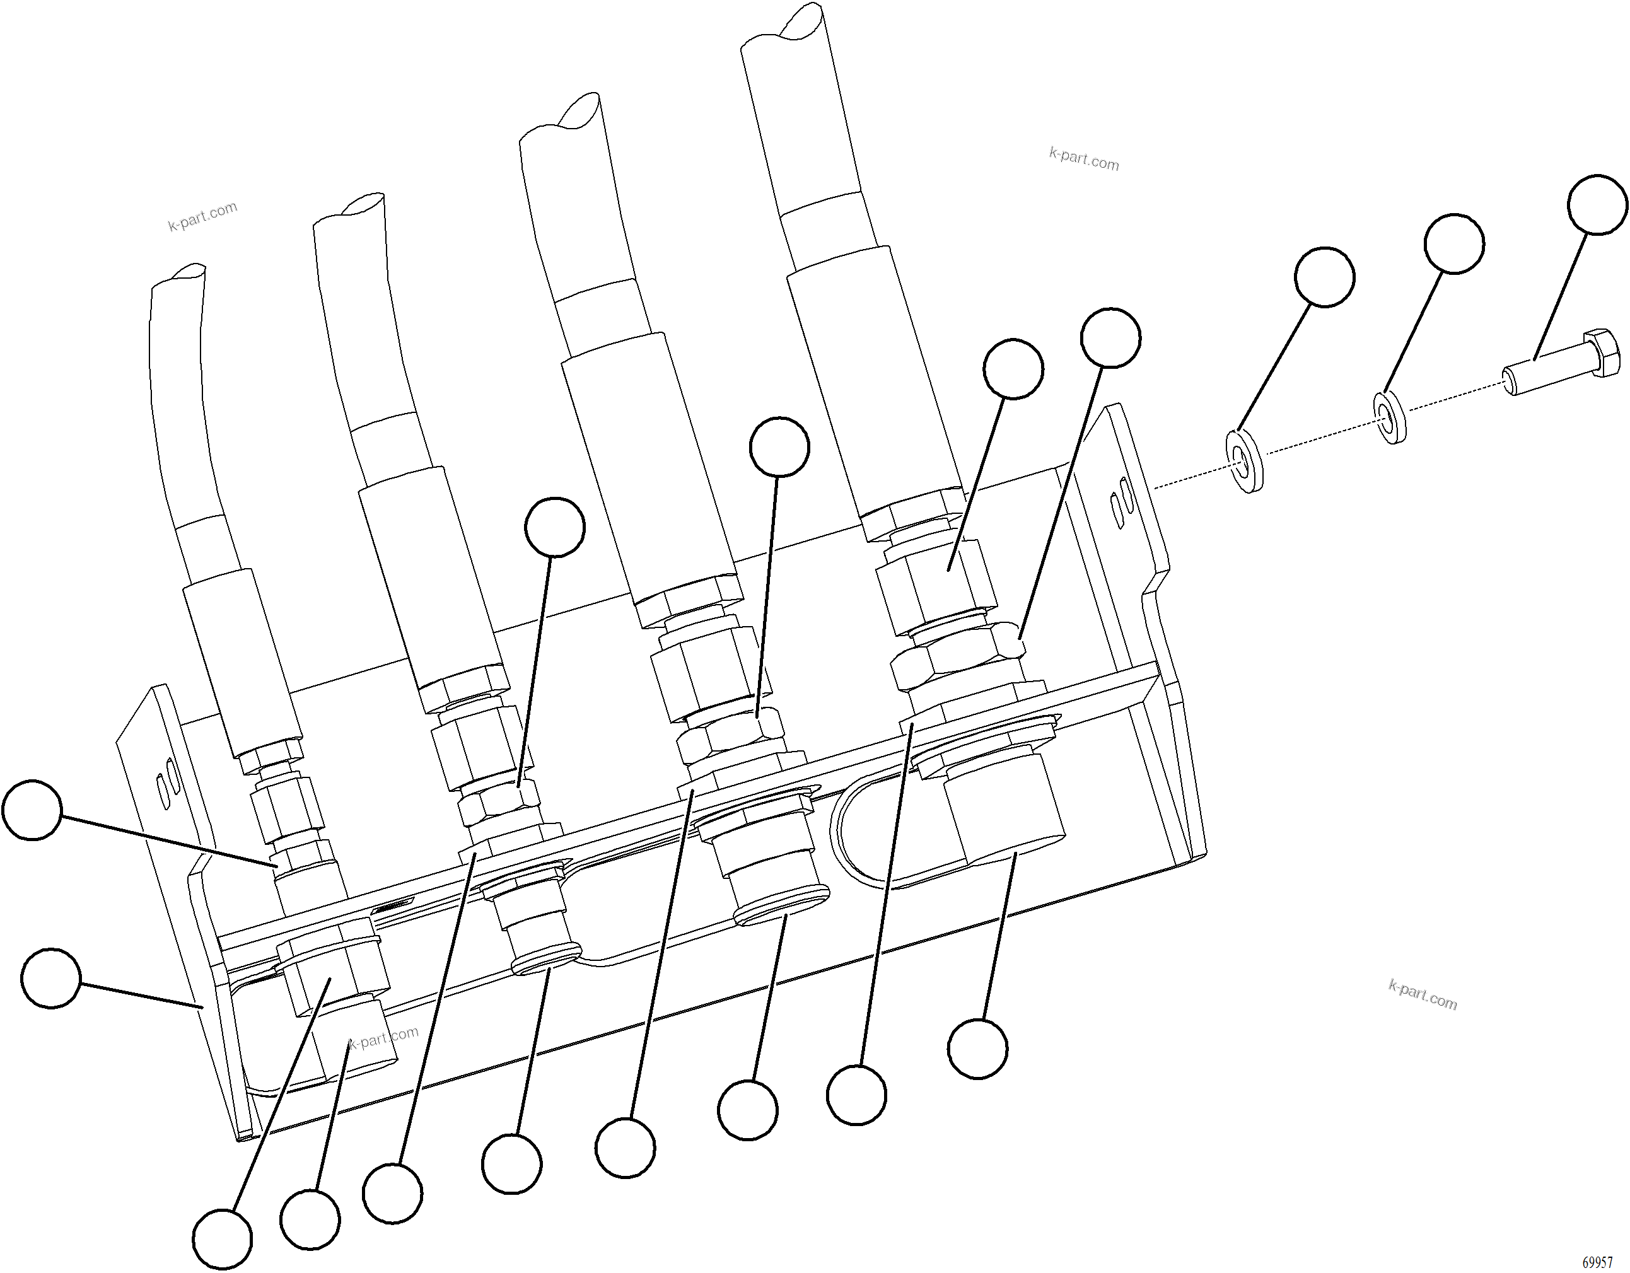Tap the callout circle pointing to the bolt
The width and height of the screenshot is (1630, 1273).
click(1597, 204)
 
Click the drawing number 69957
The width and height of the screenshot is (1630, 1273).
click(1597, 1262)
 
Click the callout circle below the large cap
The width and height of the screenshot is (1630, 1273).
click(977, 1048)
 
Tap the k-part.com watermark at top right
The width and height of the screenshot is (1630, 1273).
click(1084, 159)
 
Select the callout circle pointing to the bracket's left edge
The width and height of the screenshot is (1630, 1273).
click(50, 977)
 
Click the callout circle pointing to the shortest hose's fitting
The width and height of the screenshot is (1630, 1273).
click(32, 810)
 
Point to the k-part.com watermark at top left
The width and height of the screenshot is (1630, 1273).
click(202, 216)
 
